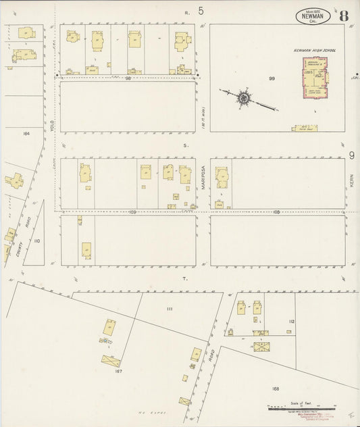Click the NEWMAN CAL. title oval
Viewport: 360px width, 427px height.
312,16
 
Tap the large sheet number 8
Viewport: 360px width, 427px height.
344,16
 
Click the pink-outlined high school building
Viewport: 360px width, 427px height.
314,79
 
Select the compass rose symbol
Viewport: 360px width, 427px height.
242,98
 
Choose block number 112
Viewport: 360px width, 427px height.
291,322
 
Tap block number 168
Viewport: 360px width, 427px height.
276,388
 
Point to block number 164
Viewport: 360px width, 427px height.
26,133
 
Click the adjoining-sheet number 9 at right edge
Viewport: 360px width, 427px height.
352,156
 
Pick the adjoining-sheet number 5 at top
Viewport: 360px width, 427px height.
201,11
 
